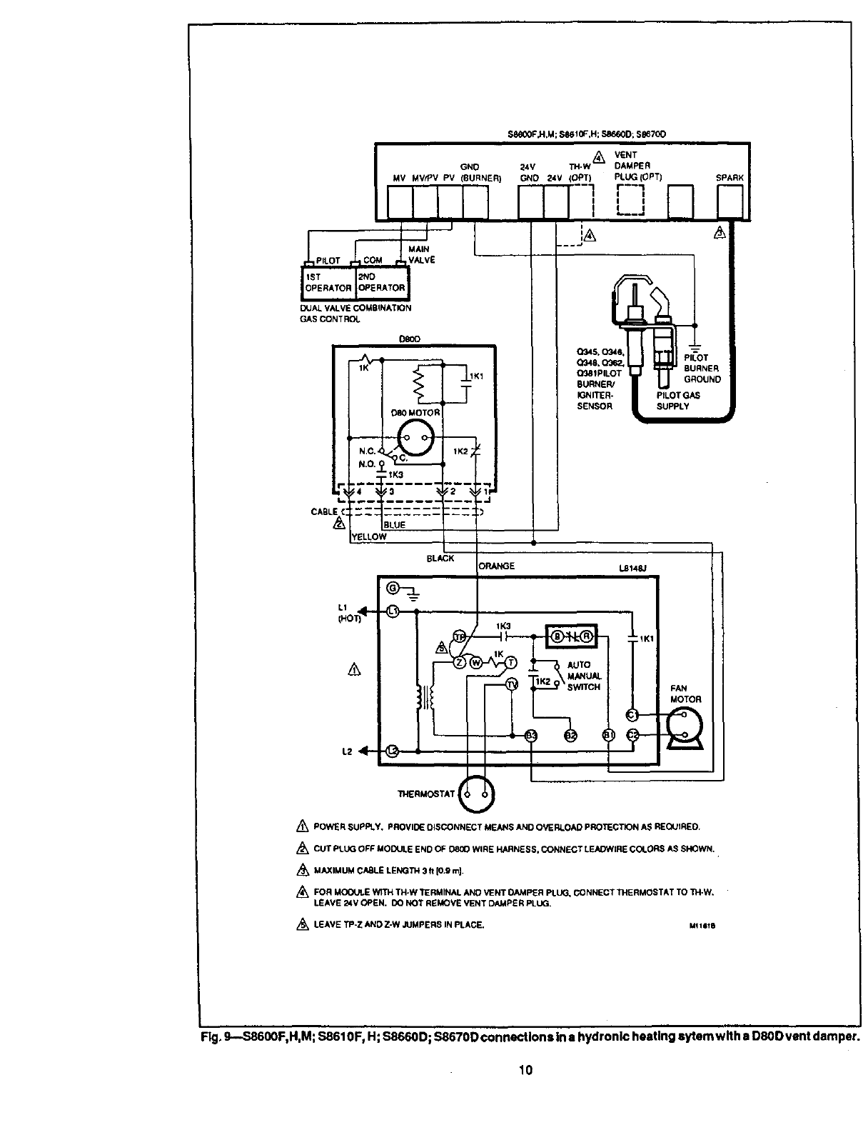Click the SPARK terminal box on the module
pos(730,201)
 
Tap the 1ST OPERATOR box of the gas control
pos(328,283)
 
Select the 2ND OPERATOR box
pos(381,283)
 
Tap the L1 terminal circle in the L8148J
pos(392,611)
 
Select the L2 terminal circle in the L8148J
pos(392,750)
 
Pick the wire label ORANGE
pos(497,566)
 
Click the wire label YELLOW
pos(369,537)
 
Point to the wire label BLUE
pos(395,525)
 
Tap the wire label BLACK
pos(440,559)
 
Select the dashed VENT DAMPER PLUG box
pos(630,199)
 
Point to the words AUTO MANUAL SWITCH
pos(584,676)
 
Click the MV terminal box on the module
pos(400,201)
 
